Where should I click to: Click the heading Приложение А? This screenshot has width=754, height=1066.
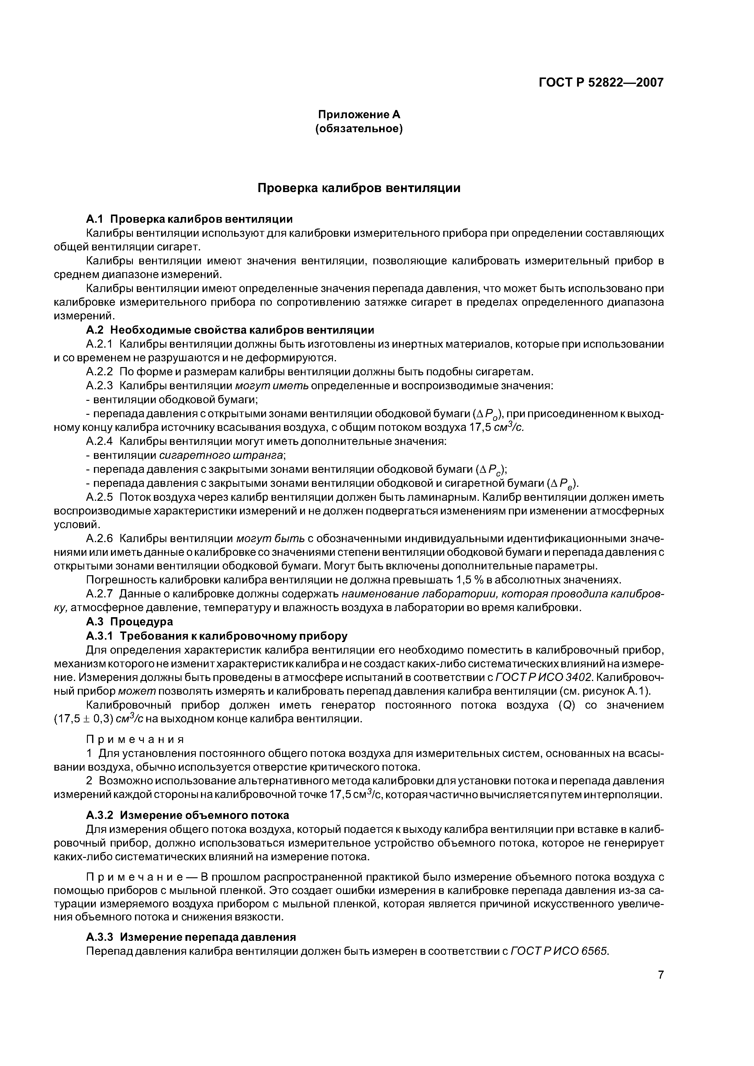359,114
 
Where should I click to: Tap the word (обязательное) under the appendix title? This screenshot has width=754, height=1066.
359,129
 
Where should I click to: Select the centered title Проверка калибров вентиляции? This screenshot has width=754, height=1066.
359,188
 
